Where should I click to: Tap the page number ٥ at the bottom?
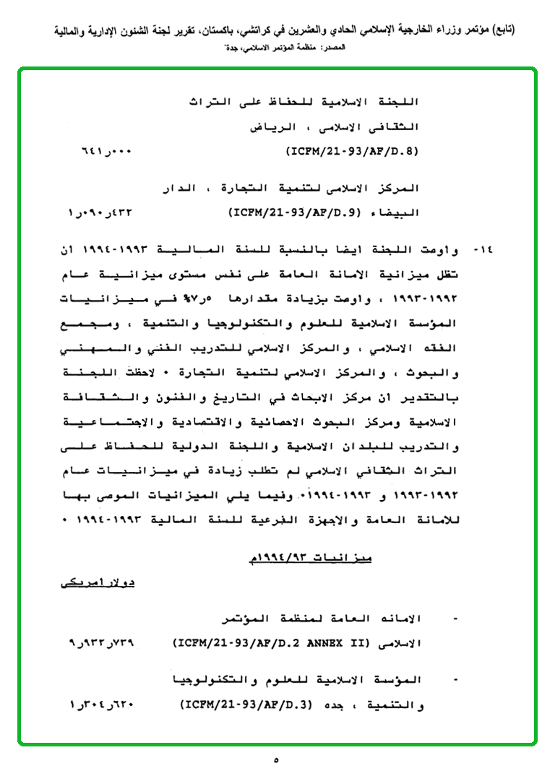coord(277,760)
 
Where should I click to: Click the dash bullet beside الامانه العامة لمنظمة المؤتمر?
coord(453,619)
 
